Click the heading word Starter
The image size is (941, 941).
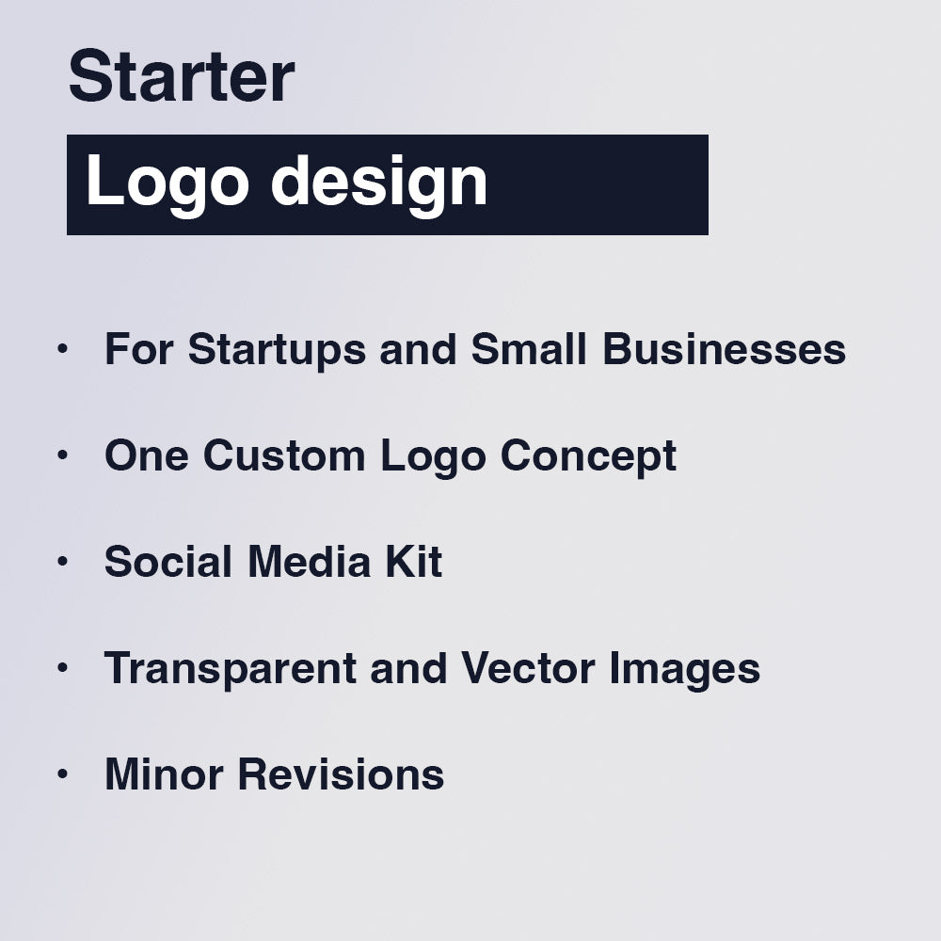[182, 77]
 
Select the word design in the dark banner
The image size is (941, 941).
[379, 184]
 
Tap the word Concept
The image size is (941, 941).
[588, 456]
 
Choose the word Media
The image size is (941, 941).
[308, 562]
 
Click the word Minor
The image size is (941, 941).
[164, 774]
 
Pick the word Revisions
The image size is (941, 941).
[341, 774]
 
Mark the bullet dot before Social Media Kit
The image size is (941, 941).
[63, 561]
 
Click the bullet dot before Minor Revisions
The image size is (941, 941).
[63, 774]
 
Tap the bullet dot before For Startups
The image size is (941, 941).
[63, 348]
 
